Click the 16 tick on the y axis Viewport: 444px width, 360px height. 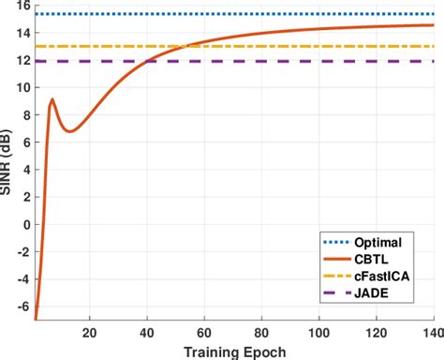pos(22,5)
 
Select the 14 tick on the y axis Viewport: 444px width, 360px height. pos(22,33)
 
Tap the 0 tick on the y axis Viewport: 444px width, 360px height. pos(25,224)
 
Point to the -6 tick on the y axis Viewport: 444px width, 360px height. pos(23,306)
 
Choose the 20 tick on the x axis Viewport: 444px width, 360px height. pos(90,331)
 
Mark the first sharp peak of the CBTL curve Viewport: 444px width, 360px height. pos(52,99)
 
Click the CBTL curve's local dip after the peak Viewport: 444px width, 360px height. pos(69,131)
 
